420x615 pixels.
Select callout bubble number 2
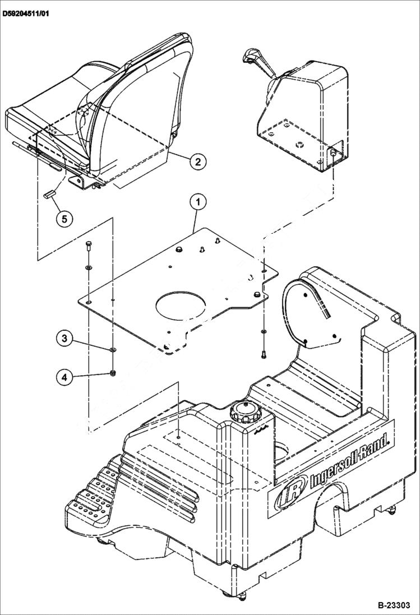196,162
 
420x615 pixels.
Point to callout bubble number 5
64,218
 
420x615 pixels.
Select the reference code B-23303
394,605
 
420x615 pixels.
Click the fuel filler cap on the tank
246,413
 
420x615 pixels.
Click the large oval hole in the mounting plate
181,304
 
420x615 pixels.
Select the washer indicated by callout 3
113,350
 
